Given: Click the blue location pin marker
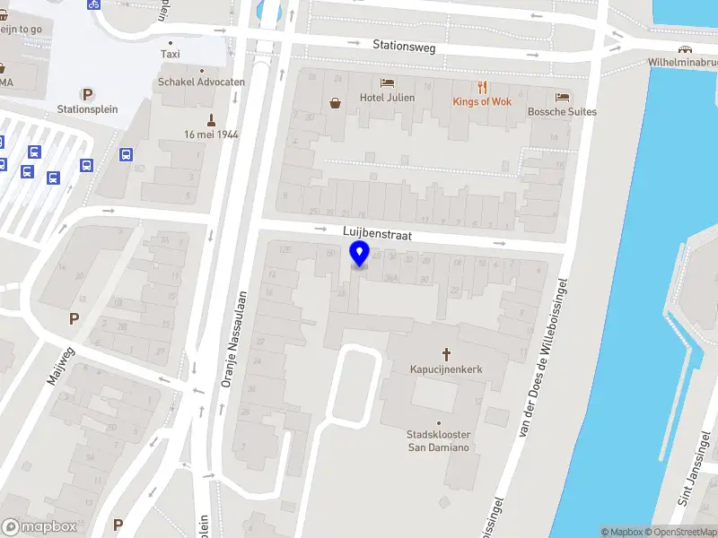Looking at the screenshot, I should tap(360, 255).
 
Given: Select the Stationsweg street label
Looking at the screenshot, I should tap(404, 46).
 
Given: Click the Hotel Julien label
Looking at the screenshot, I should tap(387, 98).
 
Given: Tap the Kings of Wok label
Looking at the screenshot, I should tap(482, 101).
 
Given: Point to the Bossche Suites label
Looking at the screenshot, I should tap(562, 112).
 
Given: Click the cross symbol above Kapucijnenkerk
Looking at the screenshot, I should tap(446, 353).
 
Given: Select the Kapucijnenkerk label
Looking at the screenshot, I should tap(446, 369).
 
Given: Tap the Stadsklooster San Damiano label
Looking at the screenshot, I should tap(439, 441).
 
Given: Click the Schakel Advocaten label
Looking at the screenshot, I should tap(201, 82).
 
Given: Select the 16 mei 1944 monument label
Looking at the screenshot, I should tap(211, 134).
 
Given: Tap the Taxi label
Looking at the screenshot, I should tap(171, 54).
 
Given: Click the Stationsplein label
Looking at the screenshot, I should tap(87, 109).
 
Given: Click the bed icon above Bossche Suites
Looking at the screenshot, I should tap(563, 97).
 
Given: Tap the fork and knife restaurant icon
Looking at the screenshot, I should tap(483, 87).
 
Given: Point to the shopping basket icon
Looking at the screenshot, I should tap(336, 103).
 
